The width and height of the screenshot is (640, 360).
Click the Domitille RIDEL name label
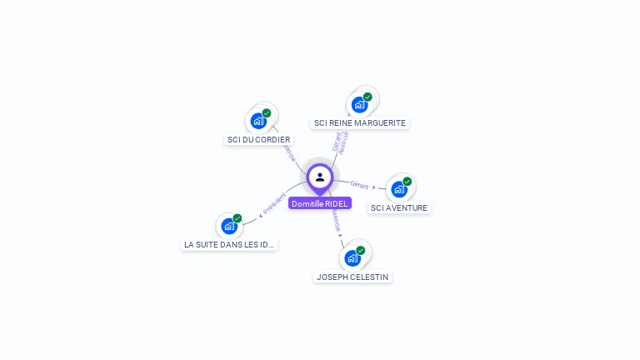tap(320, 203)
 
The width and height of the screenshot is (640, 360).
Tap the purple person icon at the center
tap(320, 177)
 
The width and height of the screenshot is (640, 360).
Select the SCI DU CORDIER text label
tap(259, 139)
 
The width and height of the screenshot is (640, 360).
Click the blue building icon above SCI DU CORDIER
tap(258, 121)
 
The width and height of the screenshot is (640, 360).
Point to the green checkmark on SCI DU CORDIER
tap(267, 113)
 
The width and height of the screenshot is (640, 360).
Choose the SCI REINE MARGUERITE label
tap(360, 122)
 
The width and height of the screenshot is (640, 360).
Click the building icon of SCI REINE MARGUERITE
tap(359, 104)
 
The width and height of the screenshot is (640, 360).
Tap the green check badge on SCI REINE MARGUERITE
tap(367, 97)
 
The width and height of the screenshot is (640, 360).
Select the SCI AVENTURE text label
tap(399, 207)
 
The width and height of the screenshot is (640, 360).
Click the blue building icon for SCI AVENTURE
tap(399, 189)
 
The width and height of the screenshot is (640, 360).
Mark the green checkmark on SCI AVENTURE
tap(407, 182)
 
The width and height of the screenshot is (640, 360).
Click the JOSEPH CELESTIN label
tap(352, 277)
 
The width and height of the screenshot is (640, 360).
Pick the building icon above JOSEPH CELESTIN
tap(352, 258)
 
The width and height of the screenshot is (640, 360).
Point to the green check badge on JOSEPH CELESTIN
tap(361, 250)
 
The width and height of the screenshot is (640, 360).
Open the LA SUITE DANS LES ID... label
tap(229, 244)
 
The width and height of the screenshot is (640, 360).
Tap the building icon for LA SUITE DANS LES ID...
tap(229, 226)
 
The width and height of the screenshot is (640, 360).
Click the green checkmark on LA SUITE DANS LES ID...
tap(237, 218)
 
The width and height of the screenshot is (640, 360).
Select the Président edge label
tap(274, 204)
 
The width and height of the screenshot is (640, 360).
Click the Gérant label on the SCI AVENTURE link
tap(359, 184)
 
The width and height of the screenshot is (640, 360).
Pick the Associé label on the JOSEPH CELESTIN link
tap(336, 221)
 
